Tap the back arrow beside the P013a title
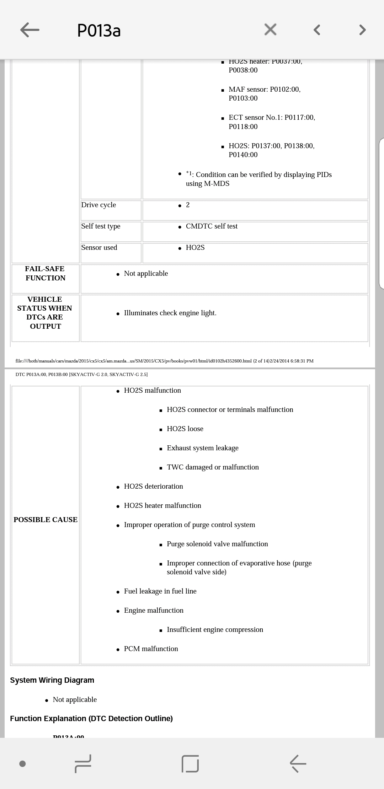pos(30,30)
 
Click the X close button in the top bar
pos(270,29)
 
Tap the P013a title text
pos(99,31)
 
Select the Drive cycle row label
pos(98,205)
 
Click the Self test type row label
pos(101,226)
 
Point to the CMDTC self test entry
pos(212,226)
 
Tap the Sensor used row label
pos(99,248)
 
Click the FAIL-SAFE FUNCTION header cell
pos(45,273)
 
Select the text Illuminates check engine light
pos(170,313)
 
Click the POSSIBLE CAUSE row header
pos(46,520)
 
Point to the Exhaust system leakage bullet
pos(202,448)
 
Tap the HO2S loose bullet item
pos(185,429)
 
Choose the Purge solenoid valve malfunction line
pos(217,544)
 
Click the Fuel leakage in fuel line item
pos(160,591)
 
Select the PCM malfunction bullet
pos(151,649)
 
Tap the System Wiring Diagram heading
pos(52,680)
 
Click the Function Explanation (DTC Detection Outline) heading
pos(91,719)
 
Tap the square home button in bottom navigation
pos(190,763)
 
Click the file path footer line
pos(164,361)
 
